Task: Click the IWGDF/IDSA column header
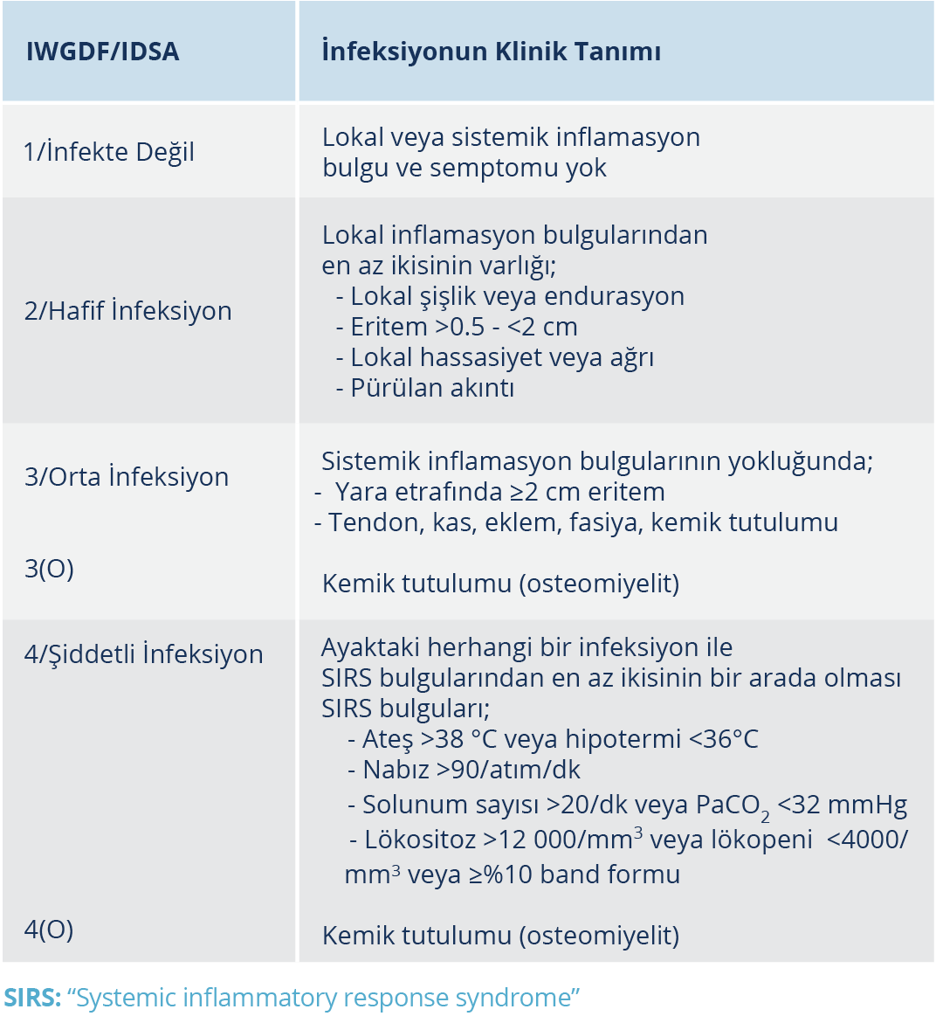(x=102, y=52)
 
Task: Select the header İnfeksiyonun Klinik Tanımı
(x=491, y=52)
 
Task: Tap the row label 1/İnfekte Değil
(x=109, y=152)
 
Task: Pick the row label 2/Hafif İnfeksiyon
(x=128, y=311)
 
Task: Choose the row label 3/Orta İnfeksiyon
(x=127, y=477)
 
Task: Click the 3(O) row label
(x=49, y=569)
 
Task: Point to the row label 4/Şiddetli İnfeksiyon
(x=144, y=654)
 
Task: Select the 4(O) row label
(x=49, y=930)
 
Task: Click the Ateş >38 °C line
(x=554, y=739)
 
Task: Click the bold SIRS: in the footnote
(x=32, y=998)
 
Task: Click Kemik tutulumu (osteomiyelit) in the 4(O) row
(x=500, y=936)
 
